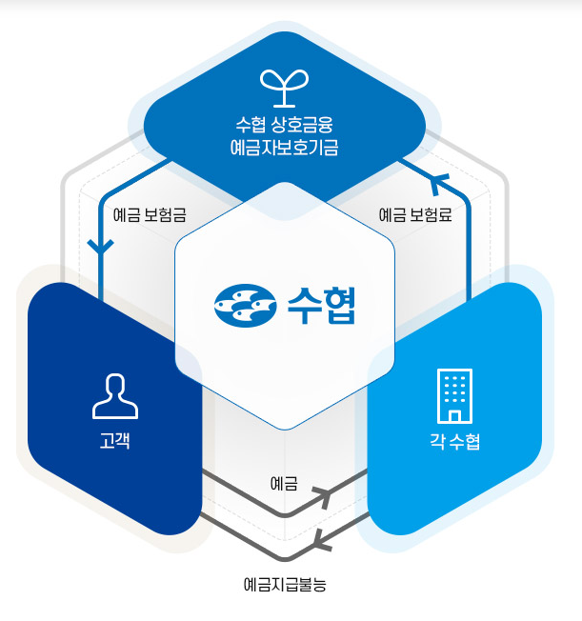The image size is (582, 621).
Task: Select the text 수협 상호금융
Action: (x=286, y=125)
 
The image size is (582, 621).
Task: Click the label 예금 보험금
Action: (x=149, y=214)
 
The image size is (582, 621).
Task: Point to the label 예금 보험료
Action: (x=415, y=214)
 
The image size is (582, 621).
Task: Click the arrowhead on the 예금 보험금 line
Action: (x=100, y=245)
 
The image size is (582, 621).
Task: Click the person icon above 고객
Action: (x=114, y=396)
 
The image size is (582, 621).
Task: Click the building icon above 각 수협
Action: (x=454, y=396)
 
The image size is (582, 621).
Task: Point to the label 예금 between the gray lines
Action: (x=284, y=484)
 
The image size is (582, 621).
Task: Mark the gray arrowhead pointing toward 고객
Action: (x=322, y=542)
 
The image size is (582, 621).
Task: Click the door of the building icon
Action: (x=454, y=416)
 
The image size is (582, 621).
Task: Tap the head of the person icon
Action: (x=114, y=386)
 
